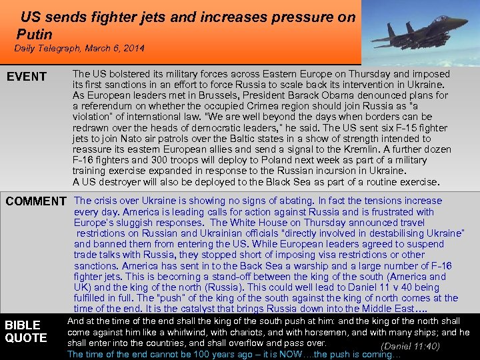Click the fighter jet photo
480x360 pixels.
[x=420, y=32]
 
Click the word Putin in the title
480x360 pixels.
[x=34, y=33]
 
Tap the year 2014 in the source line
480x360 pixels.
[x=133, y=49]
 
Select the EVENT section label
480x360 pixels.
[x=27, y=77]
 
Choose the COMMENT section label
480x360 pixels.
[x=36, y=201]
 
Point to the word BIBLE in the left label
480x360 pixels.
[x=23, y=325]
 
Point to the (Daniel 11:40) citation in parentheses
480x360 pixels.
[x=409, y=345]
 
